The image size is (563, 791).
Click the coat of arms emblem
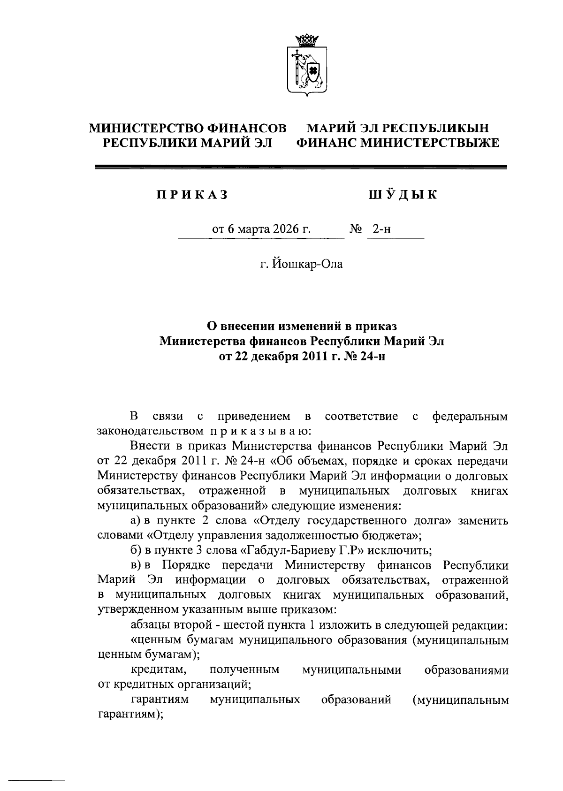click(307, 65)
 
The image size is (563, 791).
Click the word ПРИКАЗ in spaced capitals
click(192, 195)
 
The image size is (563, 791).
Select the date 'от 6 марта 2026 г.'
click(262, 229)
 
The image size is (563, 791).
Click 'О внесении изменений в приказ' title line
click(302, 326)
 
